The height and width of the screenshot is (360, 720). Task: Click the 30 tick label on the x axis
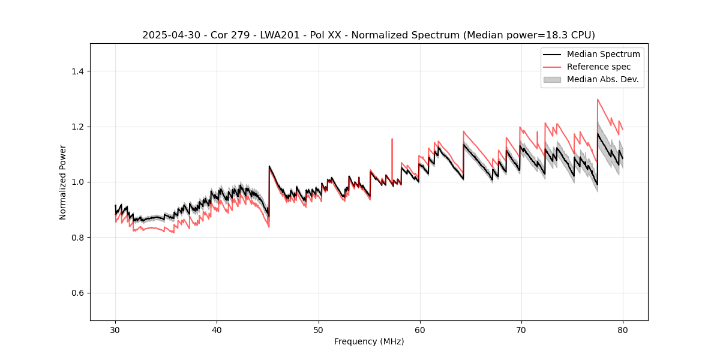pos(115,329)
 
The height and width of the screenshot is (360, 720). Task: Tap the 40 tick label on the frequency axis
pos(217,329)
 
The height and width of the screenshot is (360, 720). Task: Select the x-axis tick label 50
pos(318,329)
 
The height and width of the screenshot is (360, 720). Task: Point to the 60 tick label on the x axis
pos(419,329)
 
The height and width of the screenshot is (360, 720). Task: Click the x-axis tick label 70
pos(521,329)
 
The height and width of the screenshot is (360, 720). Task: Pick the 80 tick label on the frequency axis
pos(622,329)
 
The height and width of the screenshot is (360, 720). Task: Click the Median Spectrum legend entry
pos(603,54)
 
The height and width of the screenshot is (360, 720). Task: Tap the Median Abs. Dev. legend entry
pos(602,79)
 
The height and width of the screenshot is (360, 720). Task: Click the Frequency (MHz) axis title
pos(369,341)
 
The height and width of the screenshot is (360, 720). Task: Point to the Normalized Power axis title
pos(62,182)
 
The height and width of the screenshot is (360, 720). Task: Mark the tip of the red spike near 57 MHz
pos(392,139)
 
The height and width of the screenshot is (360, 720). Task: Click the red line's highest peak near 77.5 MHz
pos(598,100)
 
